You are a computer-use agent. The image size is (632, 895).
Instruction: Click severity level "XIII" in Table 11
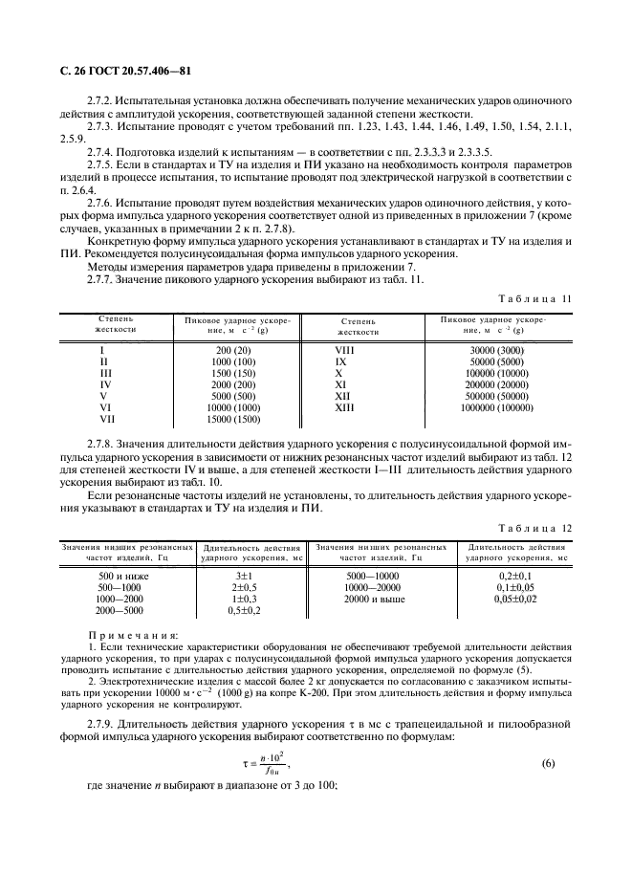tap(343, 407)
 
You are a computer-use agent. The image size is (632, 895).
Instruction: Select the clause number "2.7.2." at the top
tap(103, 100)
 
